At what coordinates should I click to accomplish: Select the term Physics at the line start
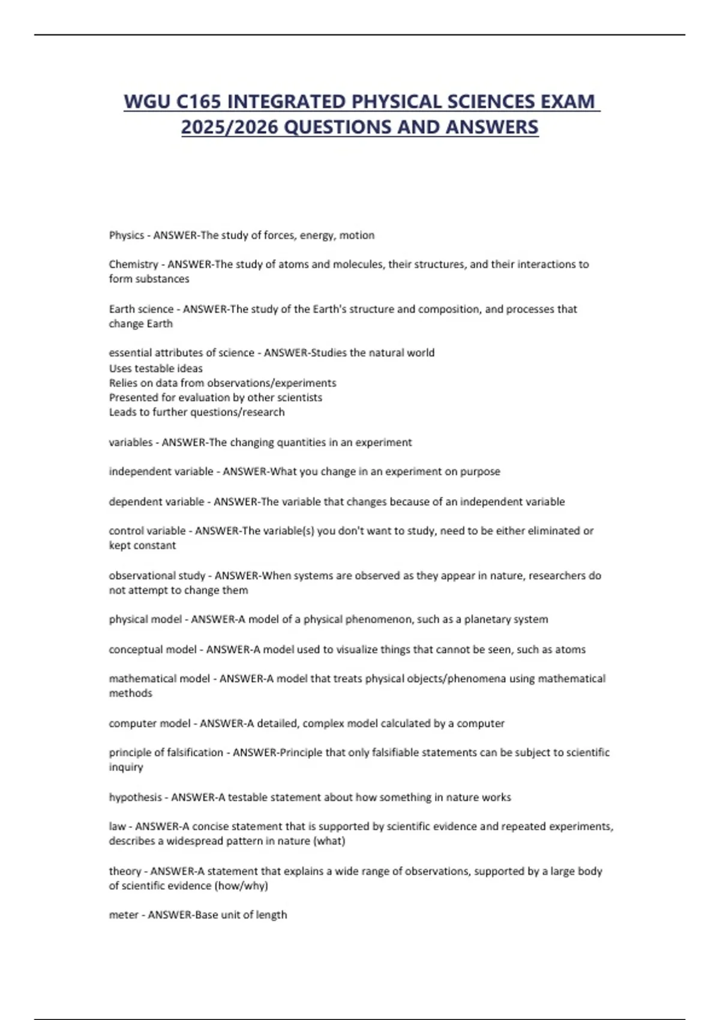click(126, 235)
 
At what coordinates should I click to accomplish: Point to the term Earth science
click(141, 309)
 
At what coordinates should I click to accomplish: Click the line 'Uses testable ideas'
click(155, 368)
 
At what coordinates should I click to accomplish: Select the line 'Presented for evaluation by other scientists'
click(215, 397)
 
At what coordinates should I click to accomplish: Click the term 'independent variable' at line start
click(161, 472)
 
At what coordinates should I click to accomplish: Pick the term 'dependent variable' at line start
click(156, 502)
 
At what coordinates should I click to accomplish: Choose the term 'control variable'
click(147, 531)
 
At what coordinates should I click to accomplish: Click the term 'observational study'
click(157, 575)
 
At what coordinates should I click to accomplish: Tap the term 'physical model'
click(145, 619)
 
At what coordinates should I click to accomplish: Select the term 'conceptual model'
click(152, 649)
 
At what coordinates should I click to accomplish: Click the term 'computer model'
click(149, 724)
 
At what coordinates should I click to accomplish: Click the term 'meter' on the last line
click(123, 915)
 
